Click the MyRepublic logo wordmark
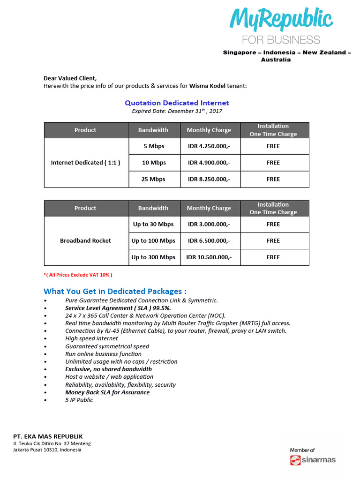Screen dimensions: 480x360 281,20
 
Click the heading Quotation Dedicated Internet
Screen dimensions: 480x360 177,103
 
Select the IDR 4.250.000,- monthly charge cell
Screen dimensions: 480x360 209,146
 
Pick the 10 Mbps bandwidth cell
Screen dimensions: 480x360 154,163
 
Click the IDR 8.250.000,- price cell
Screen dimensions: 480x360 209,179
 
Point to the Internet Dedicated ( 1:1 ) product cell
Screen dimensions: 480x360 85,163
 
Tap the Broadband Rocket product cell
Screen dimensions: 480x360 85,240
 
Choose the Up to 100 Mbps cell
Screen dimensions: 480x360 153,240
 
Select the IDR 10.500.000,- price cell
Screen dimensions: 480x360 209,257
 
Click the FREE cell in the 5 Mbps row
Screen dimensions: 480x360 273,146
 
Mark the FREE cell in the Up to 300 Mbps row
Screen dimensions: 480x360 273,257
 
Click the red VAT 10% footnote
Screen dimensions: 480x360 78,275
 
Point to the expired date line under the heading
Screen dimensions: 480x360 177,112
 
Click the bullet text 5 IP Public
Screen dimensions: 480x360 79,400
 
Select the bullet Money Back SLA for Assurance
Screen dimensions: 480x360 107,392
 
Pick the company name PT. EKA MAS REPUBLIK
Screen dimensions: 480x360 48,436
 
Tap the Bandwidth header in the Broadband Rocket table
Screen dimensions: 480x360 153,208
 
